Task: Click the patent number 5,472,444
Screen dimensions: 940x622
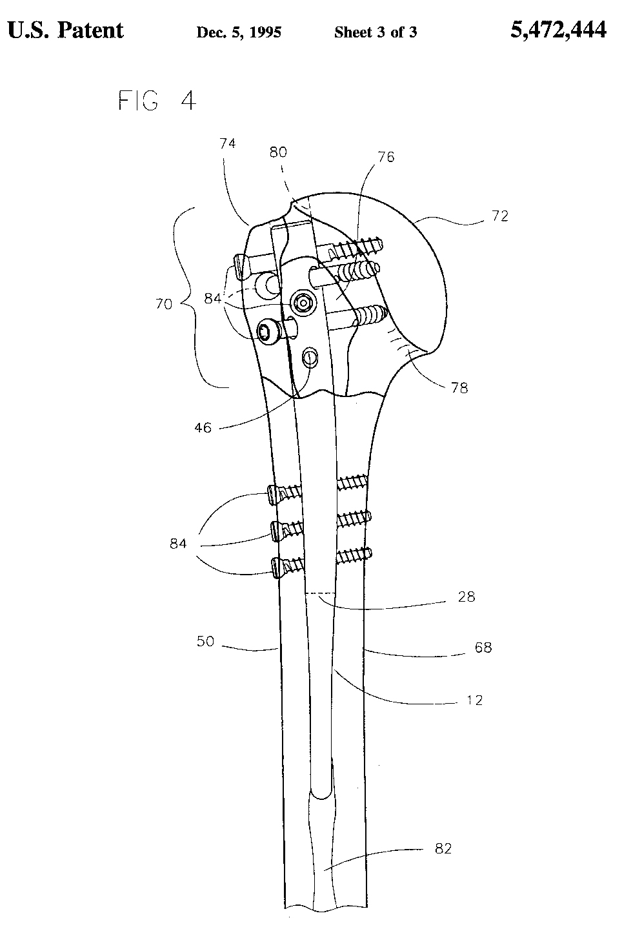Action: [x=558, y=30]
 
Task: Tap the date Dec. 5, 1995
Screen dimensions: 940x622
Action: [x=238, y=32]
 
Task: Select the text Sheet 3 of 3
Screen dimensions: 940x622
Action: [x=375, y=32]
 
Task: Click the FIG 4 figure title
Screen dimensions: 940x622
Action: [x=157, y=101]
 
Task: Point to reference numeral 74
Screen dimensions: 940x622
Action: [x=227, y=143]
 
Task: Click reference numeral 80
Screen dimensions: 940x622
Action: [x=278, y=152]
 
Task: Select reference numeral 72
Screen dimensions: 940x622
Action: [x=499, y=216]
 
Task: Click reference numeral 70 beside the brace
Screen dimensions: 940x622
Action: [x=164, y=303]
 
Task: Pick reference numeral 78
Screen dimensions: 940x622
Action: [x=460, y=387]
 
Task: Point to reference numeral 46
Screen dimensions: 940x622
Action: [x=203, y=427]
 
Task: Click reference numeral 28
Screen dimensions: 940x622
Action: [x=466, y=597]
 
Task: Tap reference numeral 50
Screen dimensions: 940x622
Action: [x=205, y=642]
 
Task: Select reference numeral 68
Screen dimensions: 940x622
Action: [x=483, y=647]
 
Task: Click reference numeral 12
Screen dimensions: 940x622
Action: [x=474, y=700]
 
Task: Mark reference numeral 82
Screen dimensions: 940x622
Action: [x=443, y=848]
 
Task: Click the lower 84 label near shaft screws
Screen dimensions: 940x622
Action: [x=178, y=544]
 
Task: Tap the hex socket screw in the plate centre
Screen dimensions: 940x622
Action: [x=302, y=300]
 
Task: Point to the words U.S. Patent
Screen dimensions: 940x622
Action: [x=65, y=30]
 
